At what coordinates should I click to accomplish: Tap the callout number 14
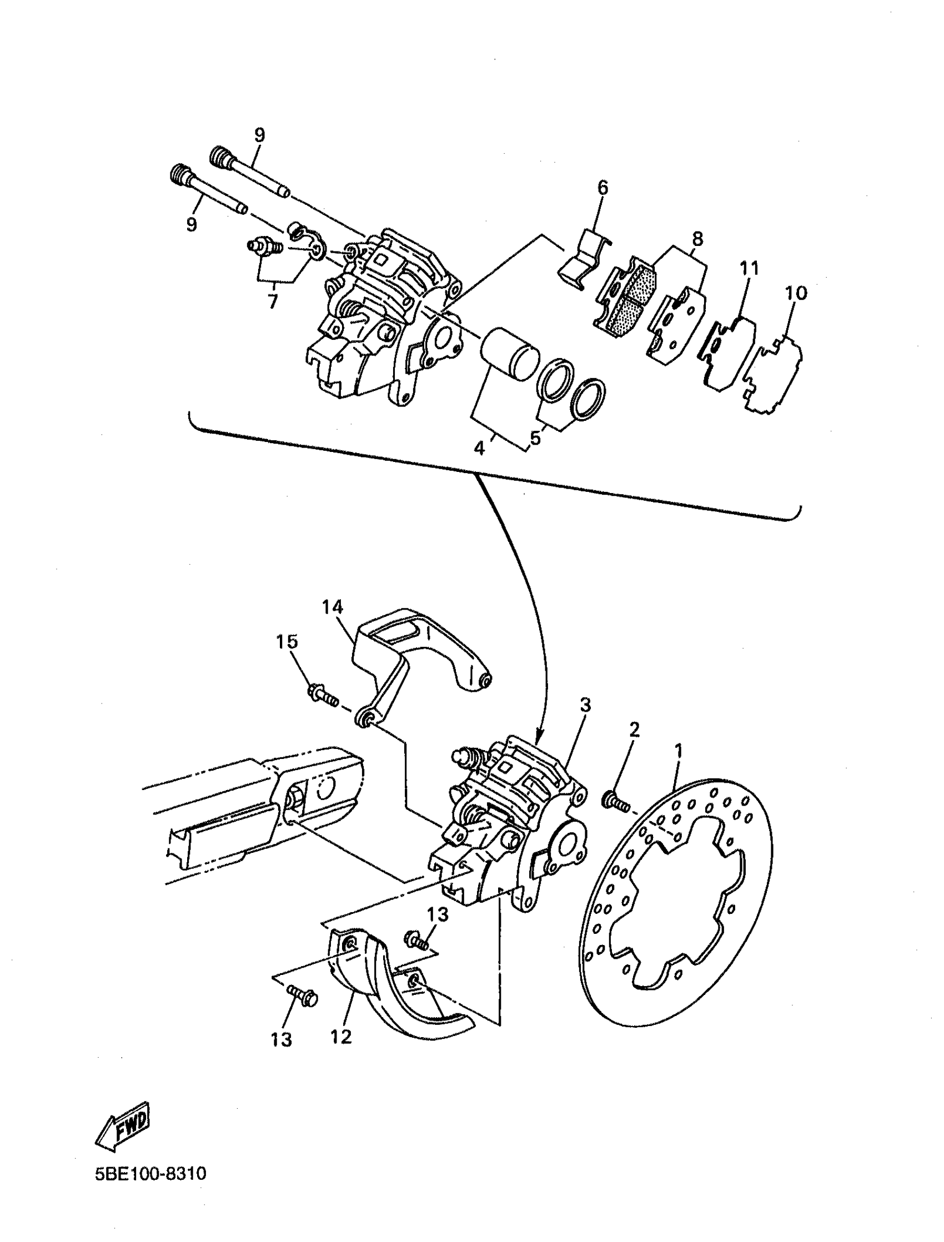(x=332, y=607)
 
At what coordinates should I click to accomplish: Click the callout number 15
(x=287, y=641)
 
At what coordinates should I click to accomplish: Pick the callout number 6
(x=602, y=188)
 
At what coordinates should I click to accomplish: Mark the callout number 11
(x=749, y=268)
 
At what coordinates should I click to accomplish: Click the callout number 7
(x=273, y=301)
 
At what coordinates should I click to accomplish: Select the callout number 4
(x=479, y=448)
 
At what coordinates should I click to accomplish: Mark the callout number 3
(x=585, y=706)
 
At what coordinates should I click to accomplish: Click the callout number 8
(x=697, y=238)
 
